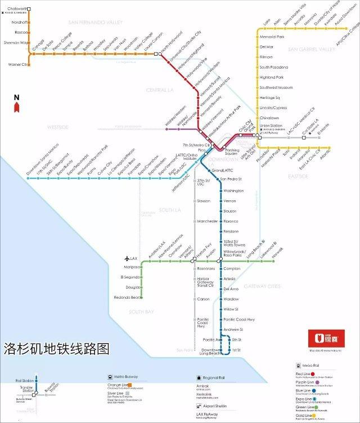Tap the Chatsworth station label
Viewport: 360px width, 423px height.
pos(14,8)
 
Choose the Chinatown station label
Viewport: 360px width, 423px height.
pos(269,117)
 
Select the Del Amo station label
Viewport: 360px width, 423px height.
pos(231,289)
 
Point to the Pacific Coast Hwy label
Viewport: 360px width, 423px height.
pos(239,319)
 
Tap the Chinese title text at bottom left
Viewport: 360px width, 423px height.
pos(56,349)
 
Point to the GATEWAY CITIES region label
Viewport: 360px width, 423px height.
pos(262,286)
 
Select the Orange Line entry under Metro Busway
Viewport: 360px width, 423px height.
pos(118,385)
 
